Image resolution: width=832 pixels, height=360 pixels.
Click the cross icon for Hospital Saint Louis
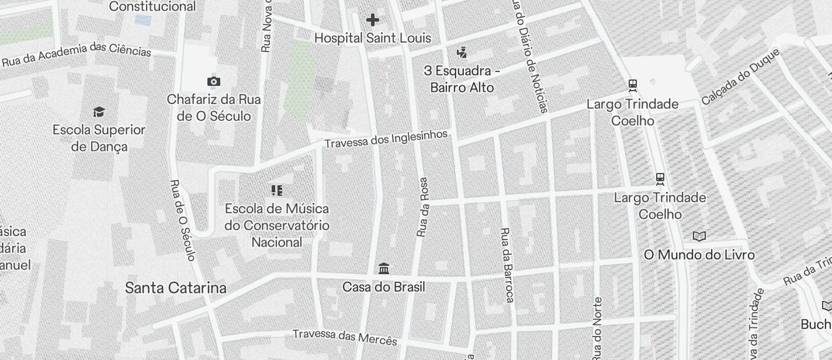click(372, 20)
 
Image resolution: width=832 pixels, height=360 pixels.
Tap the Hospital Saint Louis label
click(373, 38)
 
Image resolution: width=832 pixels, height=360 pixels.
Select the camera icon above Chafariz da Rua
click(214, 81)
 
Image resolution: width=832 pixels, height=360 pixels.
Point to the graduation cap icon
click(99, 112)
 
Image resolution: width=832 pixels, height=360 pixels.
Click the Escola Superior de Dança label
click(99, 138)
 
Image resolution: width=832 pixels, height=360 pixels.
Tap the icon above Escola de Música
click(277, 190)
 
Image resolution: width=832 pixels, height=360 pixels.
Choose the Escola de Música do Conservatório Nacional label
click(277, 226)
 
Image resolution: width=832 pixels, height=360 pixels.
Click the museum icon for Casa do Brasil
click(384, 269)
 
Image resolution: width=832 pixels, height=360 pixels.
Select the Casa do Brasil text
click(384, 288)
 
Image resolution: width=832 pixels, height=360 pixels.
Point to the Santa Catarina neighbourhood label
click(176, 288)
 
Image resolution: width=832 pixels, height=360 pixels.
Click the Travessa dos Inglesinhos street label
click(386, 139)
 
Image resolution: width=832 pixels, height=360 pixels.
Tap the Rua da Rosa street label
click(422, 207)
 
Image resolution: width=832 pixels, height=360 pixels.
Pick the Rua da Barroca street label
click(507, 265)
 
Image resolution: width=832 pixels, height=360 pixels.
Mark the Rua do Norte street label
click(597, 327)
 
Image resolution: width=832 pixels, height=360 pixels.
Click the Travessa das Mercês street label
click(345, 337)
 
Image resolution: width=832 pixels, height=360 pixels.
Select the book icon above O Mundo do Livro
click(699, 237)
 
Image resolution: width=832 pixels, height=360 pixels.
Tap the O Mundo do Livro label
click(699, 255)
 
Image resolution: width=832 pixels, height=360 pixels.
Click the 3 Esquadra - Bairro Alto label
click(462, 79)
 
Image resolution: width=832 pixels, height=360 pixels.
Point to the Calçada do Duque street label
click(740, 77)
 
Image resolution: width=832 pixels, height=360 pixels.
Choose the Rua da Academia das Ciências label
click(76, 53)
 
